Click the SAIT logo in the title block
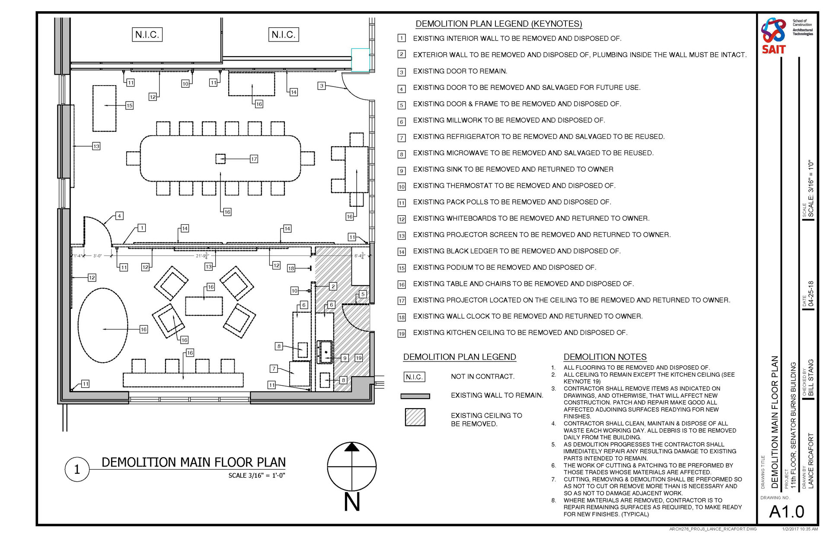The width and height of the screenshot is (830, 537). pos(773,35)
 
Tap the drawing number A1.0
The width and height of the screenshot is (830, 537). pos(787,511)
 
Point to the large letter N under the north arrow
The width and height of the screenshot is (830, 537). pos(352,502)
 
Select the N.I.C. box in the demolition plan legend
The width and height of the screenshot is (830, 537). pos(414,377)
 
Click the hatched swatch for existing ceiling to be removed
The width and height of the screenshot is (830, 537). pos(415,417)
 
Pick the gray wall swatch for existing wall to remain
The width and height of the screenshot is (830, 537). pos(415,396)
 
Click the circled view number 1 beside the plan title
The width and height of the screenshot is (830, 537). pos(77,469)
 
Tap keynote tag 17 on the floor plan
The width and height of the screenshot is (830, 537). pos(254,159)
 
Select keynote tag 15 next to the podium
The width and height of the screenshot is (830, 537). pos(129,105)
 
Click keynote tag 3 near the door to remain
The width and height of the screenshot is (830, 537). pos(321,86)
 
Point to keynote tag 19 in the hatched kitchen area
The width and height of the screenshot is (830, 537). pos(358,358)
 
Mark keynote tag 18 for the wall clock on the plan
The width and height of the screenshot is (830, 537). pos(291,268)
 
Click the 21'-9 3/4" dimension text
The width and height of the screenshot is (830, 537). pos(202,256)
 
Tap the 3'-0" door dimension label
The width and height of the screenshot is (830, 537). pos(98,256)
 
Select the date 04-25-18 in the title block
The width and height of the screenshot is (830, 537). pos(811,294)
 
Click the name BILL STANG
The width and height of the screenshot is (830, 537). pos(811,377)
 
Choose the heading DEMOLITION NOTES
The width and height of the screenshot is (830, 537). pos(605,357)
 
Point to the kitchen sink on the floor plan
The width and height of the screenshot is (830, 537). pos(325,352)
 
